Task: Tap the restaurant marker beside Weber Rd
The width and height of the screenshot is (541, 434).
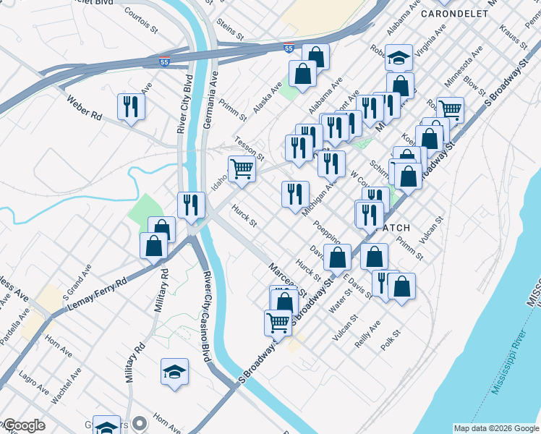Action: click(131, 107)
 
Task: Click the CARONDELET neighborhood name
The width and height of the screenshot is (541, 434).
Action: click(456, 14)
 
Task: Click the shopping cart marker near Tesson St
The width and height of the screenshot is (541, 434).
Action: click(242, 169)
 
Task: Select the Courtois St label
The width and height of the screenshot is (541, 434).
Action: click(141, 21)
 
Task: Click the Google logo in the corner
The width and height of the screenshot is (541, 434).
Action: click(24, 425)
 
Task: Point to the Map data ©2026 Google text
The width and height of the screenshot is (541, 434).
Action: click(495, 427)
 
